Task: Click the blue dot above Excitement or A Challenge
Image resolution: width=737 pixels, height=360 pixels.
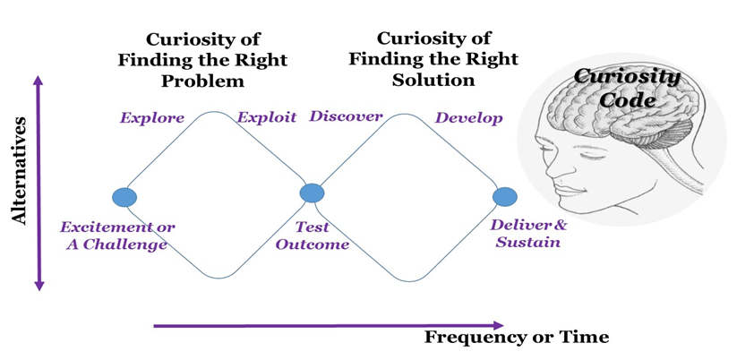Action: [x=124, y=197]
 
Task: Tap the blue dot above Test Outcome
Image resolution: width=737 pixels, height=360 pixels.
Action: [x=312, y=193]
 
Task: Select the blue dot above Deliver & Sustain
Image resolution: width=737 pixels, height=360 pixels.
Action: [x=505, y=196]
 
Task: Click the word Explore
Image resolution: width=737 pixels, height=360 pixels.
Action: [x=152, y=117]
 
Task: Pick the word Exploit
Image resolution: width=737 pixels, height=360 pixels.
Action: [x=266, y=117]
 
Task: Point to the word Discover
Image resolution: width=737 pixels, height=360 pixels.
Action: [x=346, y=117]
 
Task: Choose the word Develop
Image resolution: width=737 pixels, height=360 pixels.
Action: [x=468, y=117]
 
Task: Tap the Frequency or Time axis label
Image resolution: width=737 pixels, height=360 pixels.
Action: [x=517, y=337]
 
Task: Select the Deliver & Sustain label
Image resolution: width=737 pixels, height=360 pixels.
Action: [x=528, y=234]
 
